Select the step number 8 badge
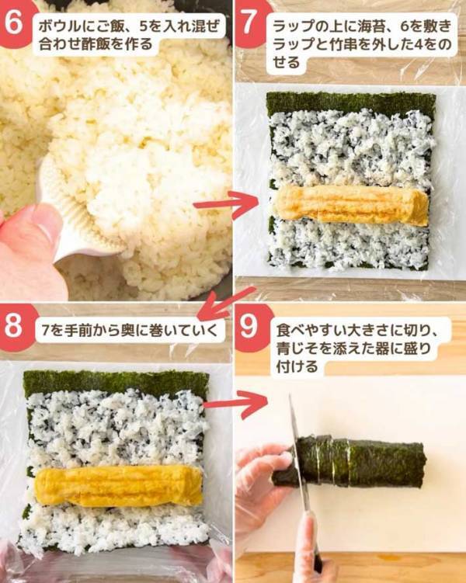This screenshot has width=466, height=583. (x=14, y=324)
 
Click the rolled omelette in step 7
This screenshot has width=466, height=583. (x=350, y=204)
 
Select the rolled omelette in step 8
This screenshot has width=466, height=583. (x=116, y=486)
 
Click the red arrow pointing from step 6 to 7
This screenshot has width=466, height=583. (x=225, y=205)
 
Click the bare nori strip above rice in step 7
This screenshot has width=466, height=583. (x=350, y=102)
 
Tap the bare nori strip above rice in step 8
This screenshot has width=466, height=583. (x=116, y=383)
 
